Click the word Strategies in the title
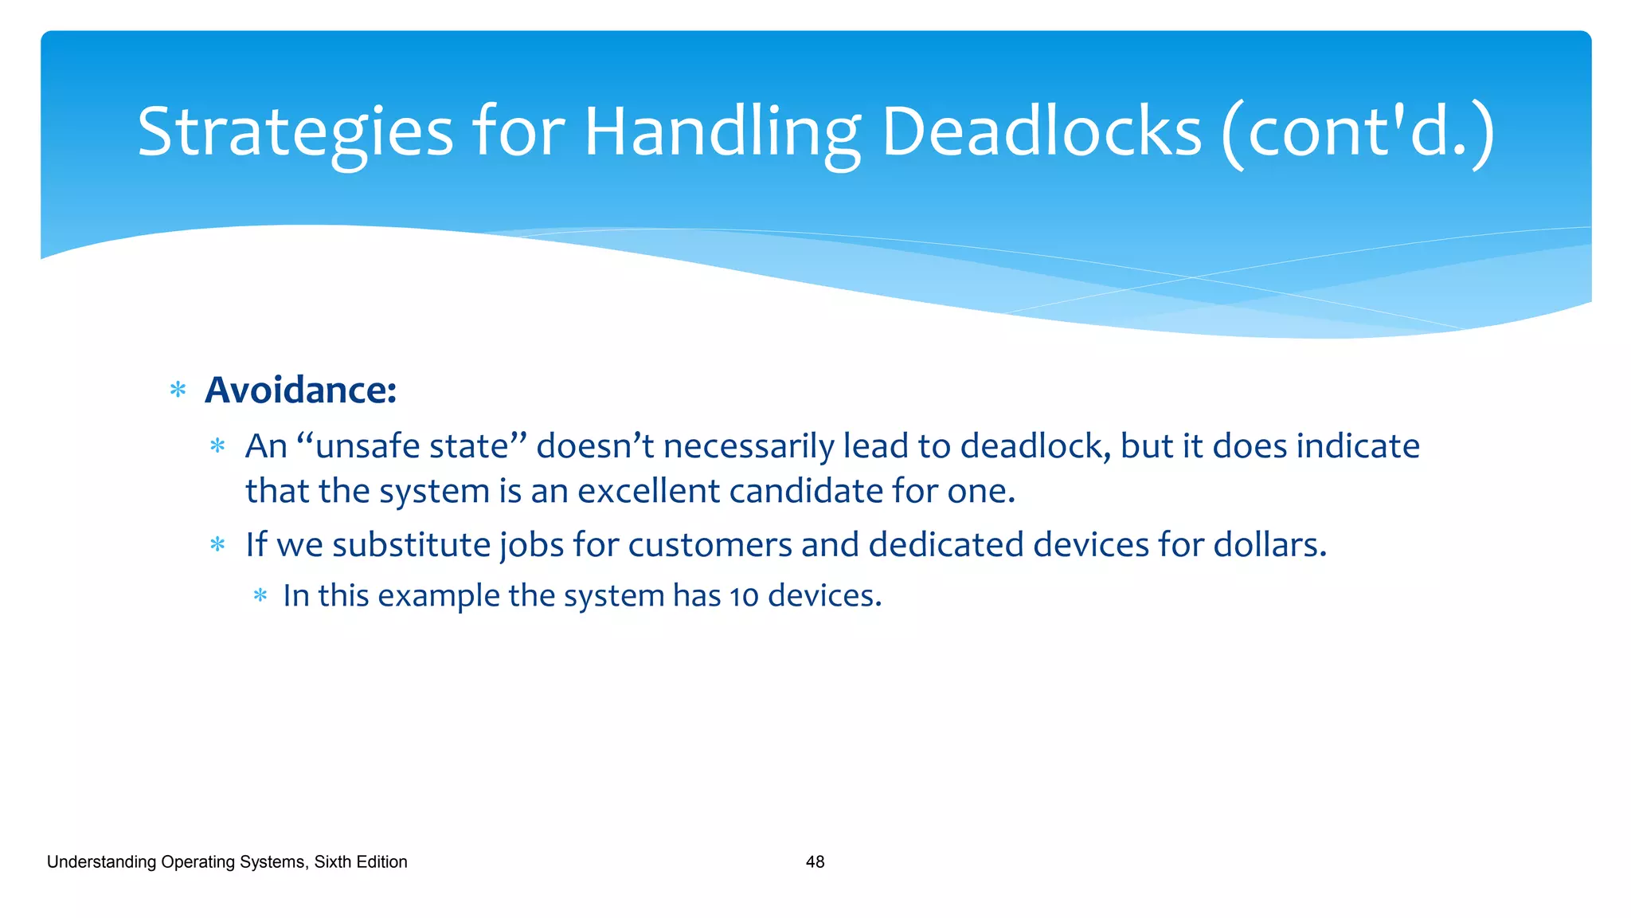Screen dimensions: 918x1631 tap(295, 132)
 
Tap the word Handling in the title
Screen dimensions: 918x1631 tap(722, 132)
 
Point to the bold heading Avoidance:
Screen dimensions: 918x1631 tap(300, 390)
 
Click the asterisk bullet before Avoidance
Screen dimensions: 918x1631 tap(178, 390)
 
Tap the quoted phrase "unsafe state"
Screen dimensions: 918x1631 tap(412, 446)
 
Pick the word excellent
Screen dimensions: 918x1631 tap(648, 491)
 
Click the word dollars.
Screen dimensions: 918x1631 tap(1269, 545)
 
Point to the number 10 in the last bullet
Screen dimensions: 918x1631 tap(744, 597)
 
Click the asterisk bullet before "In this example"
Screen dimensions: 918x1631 tap(260, 595)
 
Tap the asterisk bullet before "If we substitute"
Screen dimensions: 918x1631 tap(217, 545)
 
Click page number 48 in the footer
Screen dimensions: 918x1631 tap(815, 862)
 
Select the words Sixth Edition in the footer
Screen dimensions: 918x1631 tap(361, 862)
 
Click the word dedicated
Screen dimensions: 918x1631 tap(946, 545)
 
